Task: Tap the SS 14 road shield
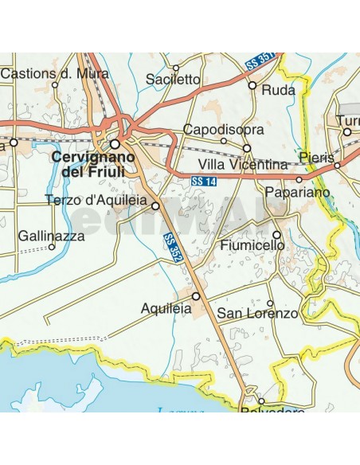204,182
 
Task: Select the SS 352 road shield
173,248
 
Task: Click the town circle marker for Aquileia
196,296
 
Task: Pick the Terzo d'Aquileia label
96,201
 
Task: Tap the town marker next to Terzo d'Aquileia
155,205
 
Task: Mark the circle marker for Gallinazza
52,247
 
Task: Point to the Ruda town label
279,91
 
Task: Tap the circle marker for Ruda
252,84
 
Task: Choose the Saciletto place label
174,79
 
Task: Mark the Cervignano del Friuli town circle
115,144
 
